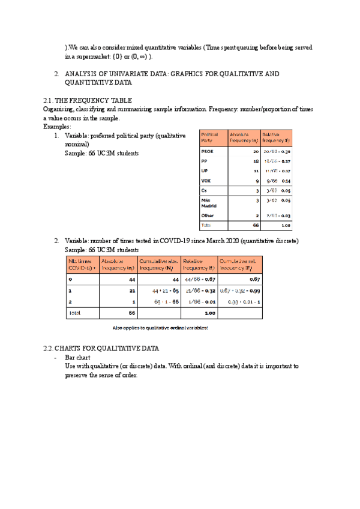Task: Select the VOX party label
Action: pyautogui.click(x=206, y=180)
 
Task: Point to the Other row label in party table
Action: pyautogui.click(x=207, y=215)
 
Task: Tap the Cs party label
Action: pyautogui.click(x=205, y=190)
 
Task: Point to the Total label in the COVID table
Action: pyautogui.click(x=75, y=313)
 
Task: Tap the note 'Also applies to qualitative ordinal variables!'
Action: pyautogui.click(x=160, y=328)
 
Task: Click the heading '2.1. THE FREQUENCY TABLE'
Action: pyautogui.click(x=88, y=100)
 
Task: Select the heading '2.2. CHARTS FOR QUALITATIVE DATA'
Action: pyautogui.click(x=101, y=348)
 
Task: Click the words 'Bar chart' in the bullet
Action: pyautogui.click(x=77, y=357)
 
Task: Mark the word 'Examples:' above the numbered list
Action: pyautogui.click(x=57, y=127)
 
